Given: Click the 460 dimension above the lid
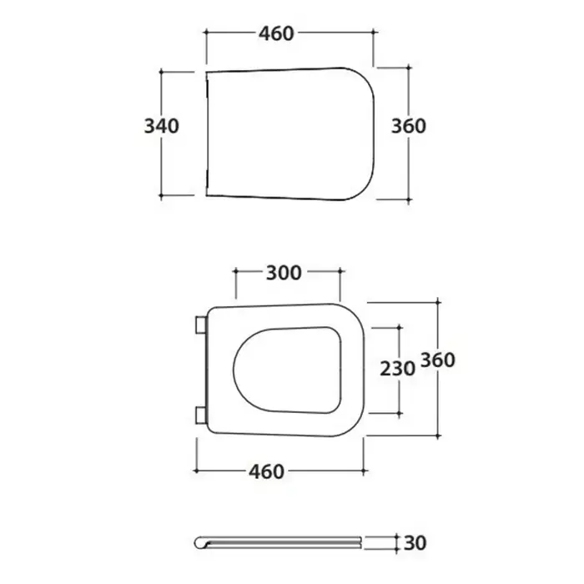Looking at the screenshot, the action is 276,33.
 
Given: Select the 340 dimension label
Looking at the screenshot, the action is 161,126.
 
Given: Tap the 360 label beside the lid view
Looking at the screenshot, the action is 409,126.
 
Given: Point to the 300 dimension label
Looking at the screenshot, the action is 284,273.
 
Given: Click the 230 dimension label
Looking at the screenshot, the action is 397,369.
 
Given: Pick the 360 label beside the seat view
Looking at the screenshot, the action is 438,360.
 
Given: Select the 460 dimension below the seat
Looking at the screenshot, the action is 267,471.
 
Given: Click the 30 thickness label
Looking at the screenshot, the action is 415,543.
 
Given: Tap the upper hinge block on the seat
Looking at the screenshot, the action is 201,325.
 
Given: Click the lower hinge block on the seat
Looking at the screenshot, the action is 201,415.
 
